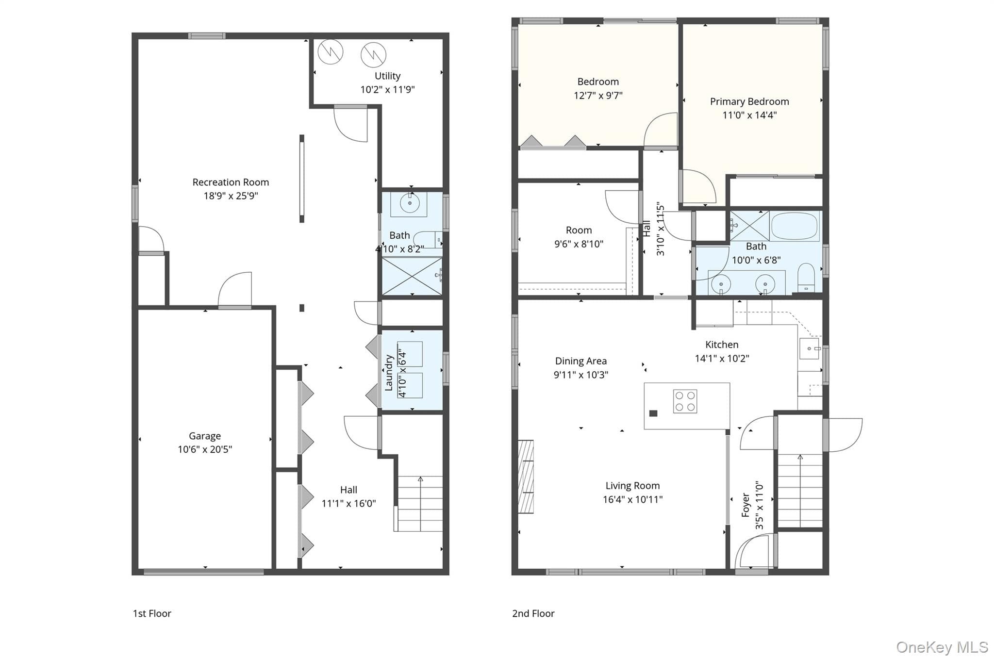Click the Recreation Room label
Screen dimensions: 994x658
pyautogui.click(x=231, y=182)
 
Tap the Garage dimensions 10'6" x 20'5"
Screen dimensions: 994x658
pyautogui.click(x=205, y=449)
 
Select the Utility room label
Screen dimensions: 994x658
pyautogui.click(x=387, y=76)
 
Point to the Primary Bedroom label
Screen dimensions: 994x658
pyautogui.click(x=749, y=102)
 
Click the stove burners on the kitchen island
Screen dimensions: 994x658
pyautogui.click(x=685, y=401)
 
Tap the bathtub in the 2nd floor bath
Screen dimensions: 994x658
pyautogui.click(x=795, y=226)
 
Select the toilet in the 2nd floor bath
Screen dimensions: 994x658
pyautogui.click(x=806, y=278)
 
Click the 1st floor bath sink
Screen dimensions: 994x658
pyautogui.click(x=409, y=204)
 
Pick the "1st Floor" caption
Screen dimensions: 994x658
pyautogui.click(x=152, y=613)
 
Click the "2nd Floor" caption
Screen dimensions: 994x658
pyautogui.click(x=533, y=613)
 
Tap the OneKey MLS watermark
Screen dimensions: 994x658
pyautogui.click(x=942, y=647)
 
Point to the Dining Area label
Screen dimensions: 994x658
pyautogui.click(x=580, y=361)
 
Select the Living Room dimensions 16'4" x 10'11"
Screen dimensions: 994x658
pyautogui.click(x=632, y=499)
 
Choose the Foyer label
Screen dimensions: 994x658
pyautogui.click(x=746, y=505)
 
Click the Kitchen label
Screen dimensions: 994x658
pyautogui.click(x=722, y=345)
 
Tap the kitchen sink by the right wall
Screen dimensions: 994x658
pyautogui.click(x=809, y=349)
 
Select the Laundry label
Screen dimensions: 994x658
pyautogui.click(x=389, y=373)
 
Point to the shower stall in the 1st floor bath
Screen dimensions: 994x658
pyautogui.click(x=412, y=276)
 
